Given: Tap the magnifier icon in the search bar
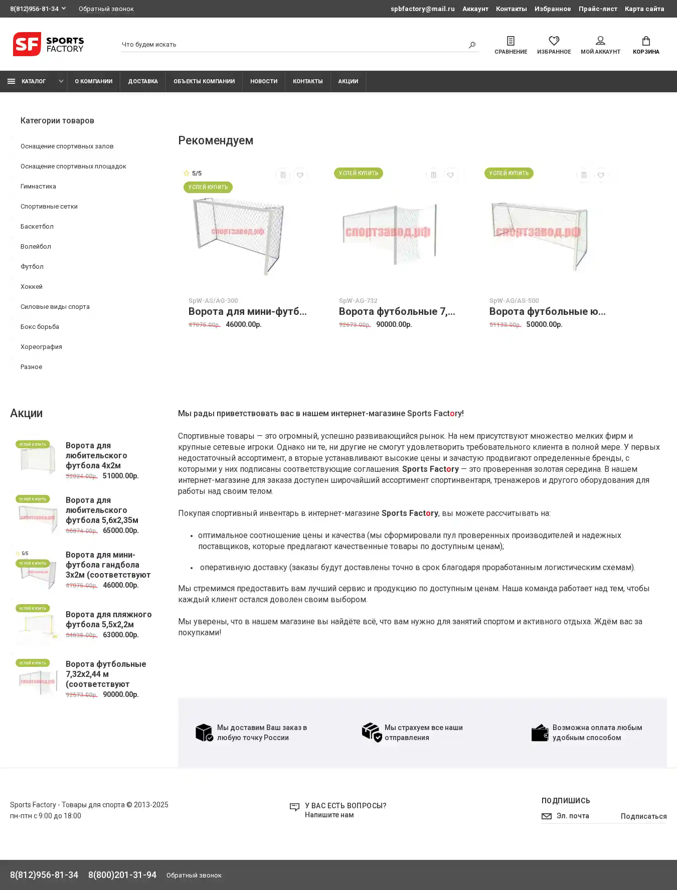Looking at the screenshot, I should click(x=472, y=45).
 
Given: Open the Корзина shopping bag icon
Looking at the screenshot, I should click(x=646, y=41).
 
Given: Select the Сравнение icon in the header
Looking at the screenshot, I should click(x=511, y=41).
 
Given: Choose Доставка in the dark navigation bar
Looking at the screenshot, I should click(x=143, y=81).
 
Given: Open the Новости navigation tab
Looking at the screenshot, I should click(x=264, y=81).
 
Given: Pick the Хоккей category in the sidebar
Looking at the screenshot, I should click(x=32, y=287).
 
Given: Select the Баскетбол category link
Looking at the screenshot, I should click(x=37, y=227).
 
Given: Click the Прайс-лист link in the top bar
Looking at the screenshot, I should click(x=598, y=9).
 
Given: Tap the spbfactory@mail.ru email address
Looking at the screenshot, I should click(x=423, y=9).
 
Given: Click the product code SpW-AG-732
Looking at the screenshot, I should click(x=358, y=301).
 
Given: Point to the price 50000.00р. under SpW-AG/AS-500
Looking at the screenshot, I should click(x=544, y=324).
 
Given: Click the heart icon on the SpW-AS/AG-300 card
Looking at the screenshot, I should click(x=300, y=175).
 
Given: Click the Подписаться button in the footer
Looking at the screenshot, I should click(x=643, y=816).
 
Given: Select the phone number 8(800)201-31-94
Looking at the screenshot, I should click(x=122, y=875).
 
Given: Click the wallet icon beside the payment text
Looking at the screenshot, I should click(x=540, y=733).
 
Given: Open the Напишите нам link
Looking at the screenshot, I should click(x=329, y=815).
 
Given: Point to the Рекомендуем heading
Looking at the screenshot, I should click(x=216, y=140).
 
